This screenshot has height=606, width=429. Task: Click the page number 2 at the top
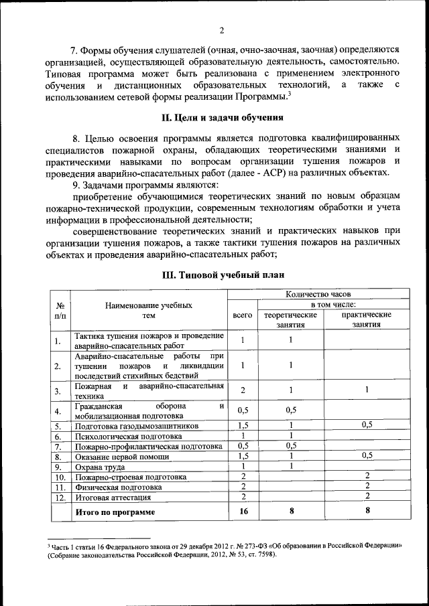(x=221, y=29)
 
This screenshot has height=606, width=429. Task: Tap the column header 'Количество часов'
(x=318, y=293)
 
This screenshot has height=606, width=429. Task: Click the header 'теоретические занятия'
(x=290, y=319)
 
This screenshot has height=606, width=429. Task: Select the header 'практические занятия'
(x=366, y=319)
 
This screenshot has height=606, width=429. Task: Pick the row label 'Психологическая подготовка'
(x=130, y=436)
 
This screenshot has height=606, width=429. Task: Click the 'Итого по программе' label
(x=115, y=512)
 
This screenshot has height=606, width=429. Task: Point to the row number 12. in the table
(x=60, y=498)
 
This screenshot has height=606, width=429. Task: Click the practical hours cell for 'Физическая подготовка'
(x=367, y=487)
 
